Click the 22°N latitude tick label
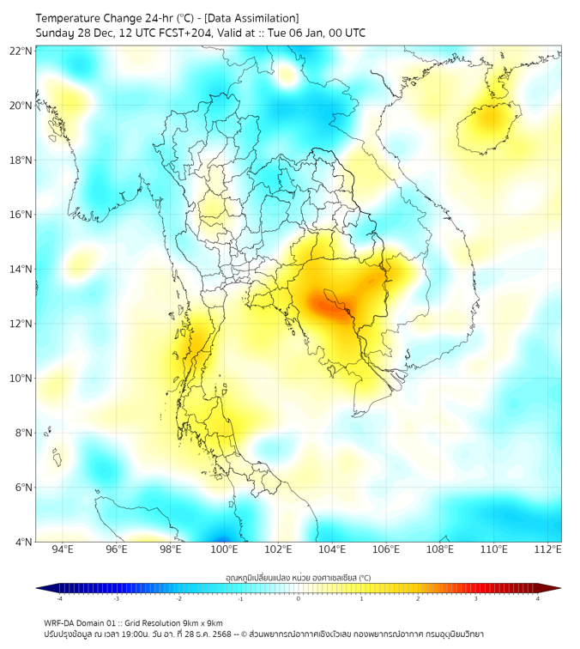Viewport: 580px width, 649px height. tap(21, 51)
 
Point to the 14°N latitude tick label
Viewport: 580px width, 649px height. tap(21, 270)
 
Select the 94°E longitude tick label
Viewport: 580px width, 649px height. tap(63, 549)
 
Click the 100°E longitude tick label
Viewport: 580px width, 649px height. tap(224, 549)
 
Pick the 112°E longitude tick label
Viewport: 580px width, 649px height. tap(548, 549)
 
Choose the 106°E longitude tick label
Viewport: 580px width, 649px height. tap(386, 549)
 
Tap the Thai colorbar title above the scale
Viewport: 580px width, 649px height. tap(298, 578)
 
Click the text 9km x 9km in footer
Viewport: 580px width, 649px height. tap(203, 623)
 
